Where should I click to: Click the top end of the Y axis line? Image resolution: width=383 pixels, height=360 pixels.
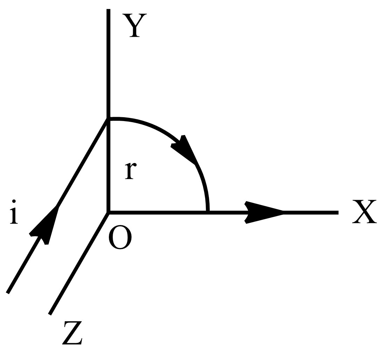click(109, 9)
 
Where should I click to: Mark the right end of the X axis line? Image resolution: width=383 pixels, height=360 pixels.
click(338, 213)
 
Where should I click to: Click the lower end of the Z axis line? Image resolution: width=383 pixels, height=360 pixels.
click(50, 315)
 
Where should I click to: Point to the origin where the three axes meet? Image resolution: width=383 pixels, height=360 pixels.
click(109, 213)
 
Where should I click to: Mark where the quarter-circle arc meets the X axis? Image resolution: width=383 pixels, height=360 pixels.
click(208, 211)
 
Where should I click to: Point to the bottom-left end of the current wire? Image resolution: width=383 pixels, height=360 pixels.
click(7, 293)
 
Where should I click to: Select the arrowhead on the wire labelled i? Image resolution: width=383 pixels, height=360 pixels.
click(44, 225)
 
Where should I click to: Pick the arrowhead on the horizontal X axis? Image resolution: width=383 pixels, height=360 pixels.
click(264, 212)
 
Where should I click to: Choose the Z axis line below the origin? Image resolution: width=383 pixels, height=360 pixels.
click(79, 263)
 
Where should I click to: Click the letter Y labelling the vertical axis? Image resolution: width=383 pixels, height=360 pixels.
click(134, 26)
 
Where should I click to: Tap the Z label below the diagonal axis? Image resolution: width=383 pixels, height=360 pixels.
click(72, 333)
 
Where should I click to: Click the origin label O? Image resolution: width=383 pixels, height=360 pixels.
click(120, 237)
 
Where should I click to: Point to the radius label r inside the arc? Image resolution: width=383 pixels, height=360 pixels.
click(131, 171)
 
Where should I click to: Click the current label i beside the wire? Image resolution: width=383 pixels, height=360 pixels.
click(14, 212)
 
